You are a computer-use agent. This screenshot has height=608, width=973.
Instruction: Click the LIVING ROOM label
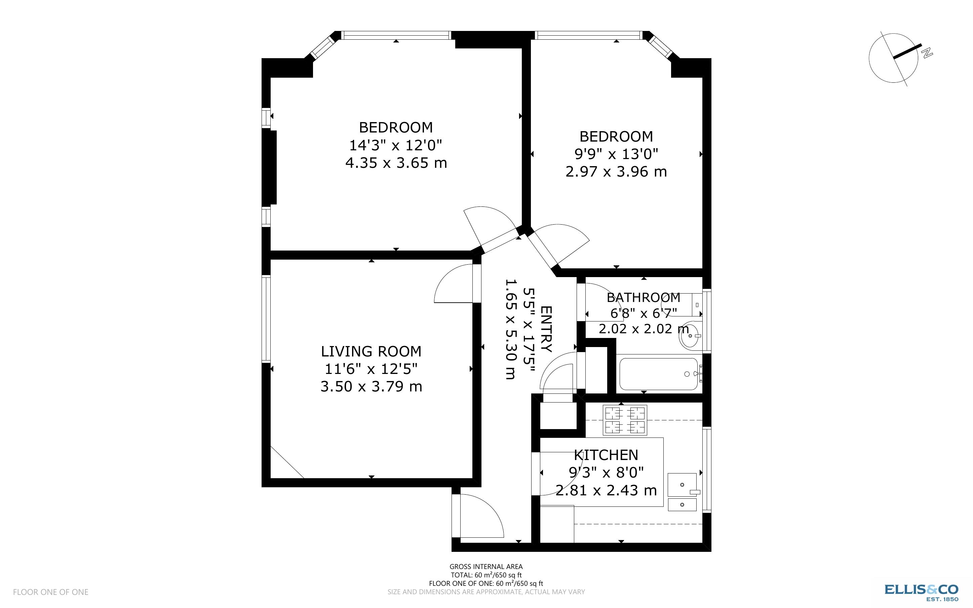(371, 351)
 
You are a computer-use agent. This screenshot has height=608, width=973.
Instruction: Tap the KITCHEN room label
(606, 455)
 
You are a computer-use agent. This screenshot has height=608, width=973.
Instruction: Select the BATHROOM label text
(643, 298)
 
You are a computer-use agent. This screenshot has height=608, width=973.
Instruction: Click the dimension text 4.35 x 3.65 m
(396, 163)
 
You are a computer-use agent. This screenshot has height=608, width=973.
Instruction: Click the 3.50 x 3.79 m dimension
(371, 386)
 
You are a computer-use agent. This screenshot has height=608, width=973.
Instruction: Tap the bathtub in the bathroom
(658, 374)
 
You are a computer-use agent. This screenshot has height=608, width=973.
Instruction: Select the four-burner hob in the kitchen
(625, 420)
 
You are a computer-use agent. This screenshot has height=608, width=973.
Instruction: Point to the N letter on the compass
(927, 53)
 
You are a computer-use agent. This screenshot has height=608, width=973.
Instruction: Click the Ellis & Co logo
(921, 590)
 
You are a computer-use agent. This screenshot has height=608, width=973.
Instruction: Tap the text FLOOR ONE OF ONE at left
(51, 592)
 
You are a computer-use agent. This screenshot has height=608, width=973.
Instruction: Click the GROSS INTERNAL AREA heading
(486, 567)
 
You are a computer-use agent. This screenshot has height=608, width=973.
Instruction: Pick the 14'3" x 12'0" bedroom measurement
(395, 145)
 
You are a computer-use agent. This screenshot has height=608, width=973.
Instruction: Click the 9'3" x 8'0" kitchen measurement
(606, 472)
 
